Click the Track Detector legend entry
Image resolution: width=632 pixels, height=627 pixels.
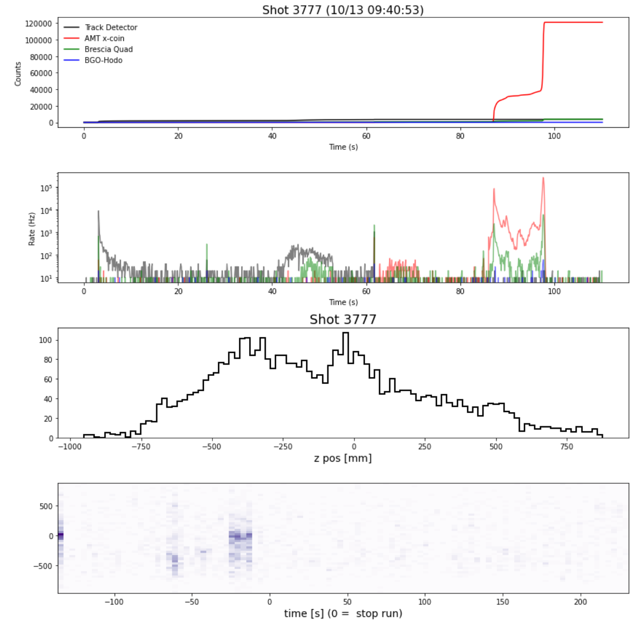point(111,27)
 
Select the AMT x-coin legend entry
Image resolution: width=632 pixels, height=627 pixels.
point(104,39)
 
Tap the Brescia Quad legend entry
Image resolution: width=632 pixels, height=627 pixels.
point(108,49)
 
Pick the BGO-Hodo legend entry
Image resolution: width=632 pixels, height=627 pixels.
point(103,60)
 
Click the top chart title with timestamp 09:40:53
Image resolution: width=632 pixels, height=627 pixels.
point(342,10)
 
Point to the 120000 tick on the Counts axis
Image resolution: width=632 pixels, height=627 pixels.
point(39,24)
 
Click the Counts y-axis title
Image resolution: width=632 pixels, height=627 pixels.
point(18,74)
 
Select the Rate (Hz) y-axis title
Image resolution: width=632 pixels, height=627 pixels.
point(32,229)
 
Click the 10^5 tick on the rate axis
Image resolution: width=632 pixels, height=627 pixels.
point(46,188)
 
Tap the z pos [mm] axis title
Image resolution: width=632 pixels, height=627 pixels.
point(342,458)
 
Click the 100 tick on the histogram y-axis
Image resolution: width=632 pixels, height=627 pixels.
point(46,340)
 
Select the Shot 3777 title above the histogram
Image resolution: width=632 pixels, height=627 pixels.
point(342,320)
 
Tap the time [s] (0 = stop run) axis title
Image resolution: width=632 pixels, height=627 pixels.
point(342,614)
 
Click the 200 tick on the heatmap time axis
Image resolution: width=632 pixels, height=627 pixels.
point(580,602)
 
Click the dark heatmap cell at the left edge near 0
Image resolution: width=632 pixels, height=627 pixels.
point(61,535)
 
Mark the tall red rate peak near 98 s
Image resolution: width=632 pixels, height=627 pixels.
point(543,178)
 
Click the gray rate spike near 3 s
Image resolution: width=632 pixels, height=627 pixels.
point(98,212)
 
